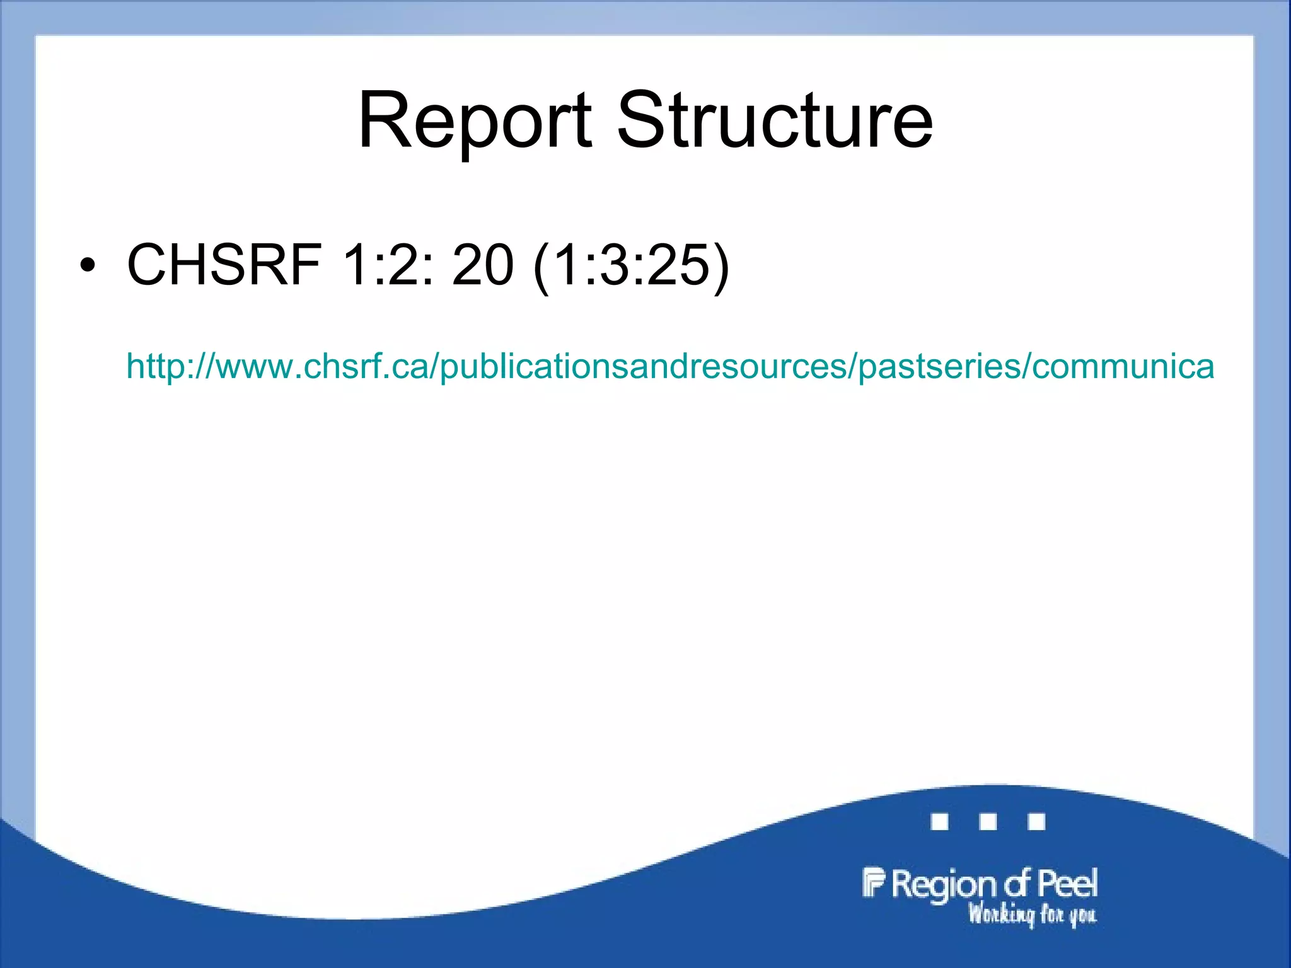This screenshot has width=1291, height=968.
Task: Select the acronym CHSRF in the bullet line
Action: [x=224, y=265]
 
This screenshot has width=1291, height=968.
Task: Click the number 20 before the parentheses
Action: [x=483, y=265]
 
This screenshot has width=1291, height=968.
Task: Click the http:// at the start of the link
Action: [x=170, y=366]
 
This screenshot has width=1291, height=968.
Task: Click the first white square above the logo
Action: [x=940, y=822]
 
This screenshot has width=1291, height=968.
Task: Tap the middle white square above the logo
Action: [x=988, y=822]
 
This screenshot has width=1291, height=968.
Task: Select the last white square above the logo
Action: [x=1036, y=822]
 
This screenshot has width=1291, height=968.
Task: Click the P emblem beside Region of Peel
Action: [x=874, y=882]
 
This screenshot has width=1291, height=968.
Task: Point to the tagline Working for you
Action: [x=1032, y=914]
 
